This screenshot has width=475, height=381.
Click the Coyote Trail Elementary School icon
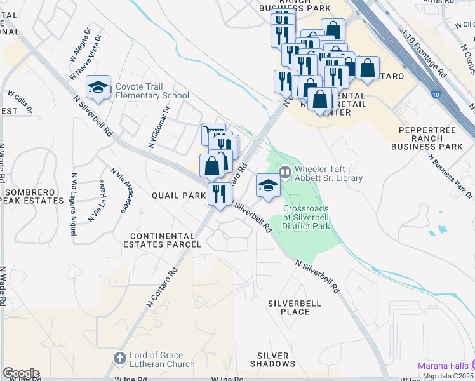pos(98,88)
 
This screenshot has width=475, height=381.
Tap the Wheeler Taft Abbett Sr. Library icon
pos(285,171)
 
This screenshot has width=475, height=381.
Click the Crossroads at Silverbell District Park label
pos(307,217)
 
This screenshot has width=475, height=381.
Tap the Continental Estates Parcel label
pos(162,239)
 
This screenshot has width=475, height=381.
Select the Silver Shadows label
pos(277,359)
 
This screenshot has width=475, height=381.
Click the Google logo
pos(21,373)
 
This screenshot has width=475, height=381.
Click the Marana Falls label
pos(444,366)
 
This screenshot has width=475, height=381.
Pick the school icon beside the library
pos(268,187)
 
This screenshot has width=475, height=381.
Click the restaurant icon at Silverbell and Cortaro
pos(220,194)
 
